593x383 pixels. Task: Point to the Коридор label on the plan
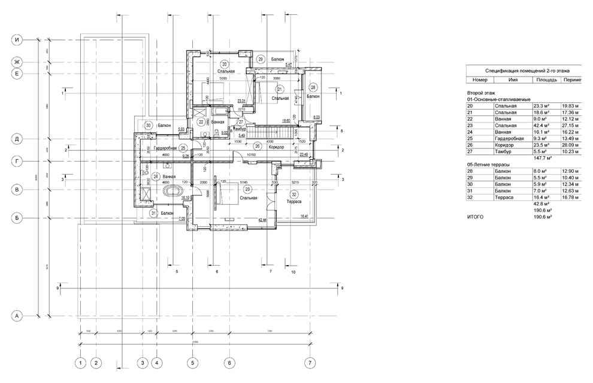coord(276,147)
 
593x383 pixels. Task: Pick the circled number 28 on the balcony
coord(313,87)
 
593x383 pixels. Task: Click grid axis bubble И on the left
coord(18,40)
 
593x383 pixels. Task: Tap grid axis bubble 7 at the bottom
coord(310,363)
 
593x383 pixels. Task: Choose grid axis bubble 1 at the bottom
coord(80,363)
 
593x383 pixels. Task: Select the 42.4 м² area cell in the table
coord(541,125)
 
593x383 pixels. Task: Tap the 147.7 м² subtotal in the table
coord(541,159)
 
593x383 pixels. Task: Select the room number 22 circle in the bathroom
coord(201,121)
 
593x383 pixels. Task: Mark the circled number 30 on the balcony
coord(149,125)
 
